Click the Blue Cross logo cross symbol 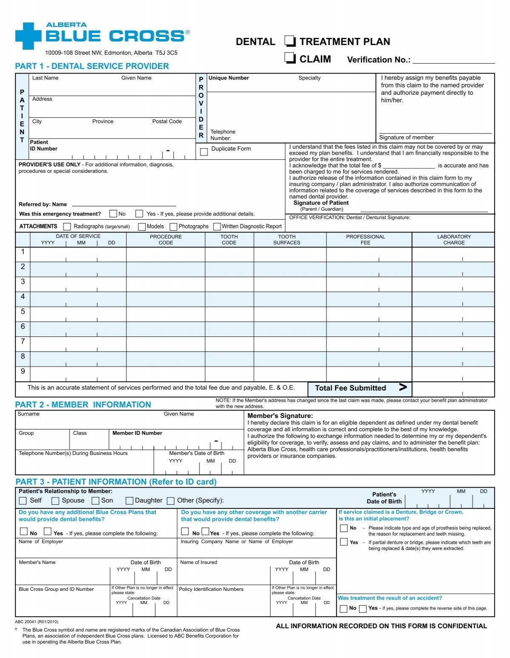28,36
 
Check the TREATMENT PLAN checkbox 290,41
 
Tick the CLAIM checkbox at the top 290,58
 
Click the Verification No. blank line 453,60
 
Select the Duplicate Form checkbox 204,152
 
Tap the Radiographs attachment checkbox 67,226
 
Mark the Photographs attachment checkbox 173,227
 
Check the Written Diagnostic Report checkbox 217,227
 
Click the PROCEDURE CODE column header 166,240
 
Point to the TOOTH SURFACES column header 286,240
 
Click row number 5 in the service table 23,312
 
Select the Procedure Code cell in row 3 166,284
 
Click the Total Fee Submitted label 350,388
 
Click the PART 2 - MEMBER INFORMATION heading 83,405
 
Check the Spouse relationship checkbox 55,501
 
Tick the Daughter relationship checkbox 129,501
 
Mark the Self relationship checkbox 23,501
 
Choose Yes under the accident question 363,609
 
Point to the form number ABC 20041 37,621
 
